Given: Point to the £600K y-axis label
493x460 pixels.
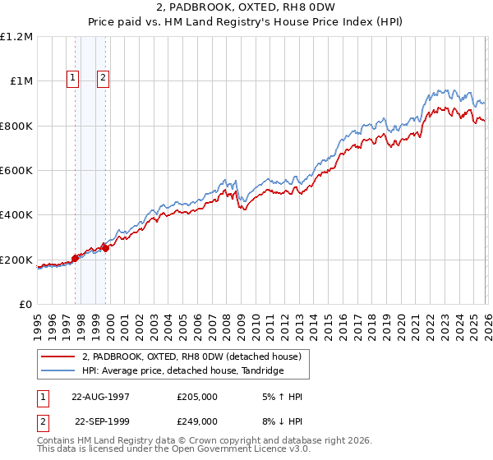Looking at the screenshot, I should click(16, 171).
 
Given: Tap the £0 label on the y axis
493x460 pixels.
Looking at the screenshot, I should click(25, 305).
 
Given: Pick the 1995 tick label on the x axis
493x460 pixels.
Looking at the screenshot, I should click(37, 320).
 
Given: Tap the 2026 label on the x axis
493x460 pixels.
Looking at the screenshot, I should click(486, 320).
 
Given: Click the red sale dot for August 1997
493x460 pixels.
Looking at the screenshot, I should click(75, 258).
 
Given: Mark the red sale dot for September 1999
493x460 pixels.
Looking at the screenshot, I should click(105, 249).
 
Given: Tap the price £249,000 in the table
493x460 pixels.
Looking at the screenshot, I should click(197, 421).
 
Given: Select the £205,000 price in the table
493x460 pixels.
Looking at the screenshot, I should click(197, 397).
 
